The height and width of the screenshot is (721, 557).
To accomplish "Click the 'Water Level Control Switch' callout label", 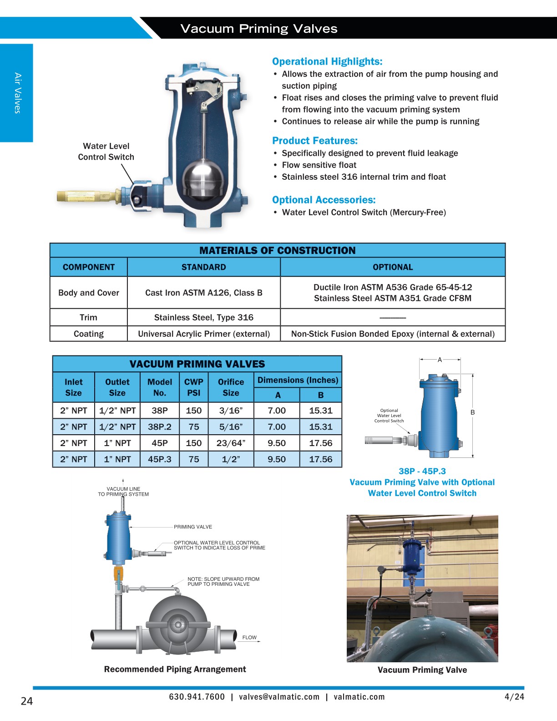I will pyautogui.click(x=106, y=152).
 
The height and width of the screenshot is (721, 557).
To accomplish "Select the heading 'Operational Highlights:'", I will pyautogui.click(x=327, y=61).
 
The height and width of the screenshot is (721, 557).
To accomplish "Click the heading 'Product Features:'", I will pyautogui.click(x=315, y=141).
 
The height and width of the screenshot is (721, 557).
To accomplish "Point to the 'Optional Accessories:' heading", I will pyautogui.click(x=324, y=200).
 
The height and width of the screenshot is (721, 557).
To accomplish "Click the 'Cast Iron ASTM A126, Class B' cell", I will pyautogui.click(x=203, y=293).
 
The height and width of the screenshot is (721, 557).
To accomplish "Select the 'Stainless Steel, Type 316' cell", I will pyautogui.click(x=203, y=317).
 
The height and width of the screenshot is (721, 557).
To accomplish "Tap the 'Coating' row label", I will pyautogui.click(x=88, y=334).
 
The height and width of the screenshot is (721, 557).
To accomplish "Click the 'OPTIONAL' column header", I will pyautogui.click(x=393, y=267).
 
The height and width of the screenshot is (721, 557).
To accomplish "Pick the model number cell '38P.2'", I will pyautogui.click(x=160, y=427).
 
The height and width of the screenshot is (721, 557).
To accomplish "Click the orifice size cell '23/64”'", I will pyautogui.click(x=231, y=443).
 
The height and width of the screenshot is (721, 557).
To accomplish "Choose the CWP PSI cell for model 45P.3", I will pyautogui.click(x=193, y=459).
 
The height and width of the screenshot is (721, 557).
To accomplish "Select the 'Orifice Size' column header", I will pyautogui.click(x=231, y=387).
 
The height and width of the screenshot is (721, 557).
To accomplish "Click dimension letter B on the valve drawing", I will pyautogui.click(x=472, y=412).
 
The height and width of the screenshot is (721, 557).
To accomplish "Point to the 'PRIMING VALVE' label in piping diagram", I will pyautogui.click(x=192, y=527).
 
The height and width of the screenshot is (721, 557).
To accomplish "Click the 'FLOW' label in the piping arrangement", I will pyautogui.click(x=249, y=638).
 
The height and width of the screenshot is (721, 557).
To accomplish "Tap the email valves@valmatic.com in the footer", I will pyautogui.click(x=279, y=697).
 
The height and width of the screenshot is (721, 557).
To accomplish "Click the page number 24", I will pyautogui.click(x=27, y=701).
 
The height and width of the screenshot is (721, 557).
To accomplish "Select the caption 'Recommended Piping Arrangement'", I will pyautogui.click(x=175, y=669).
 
